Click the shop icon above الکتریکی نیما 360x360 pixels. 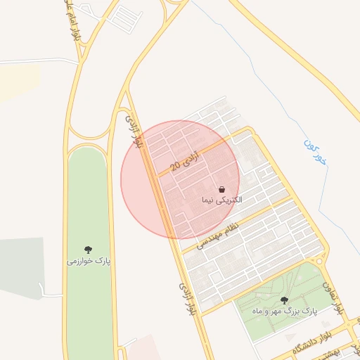(221, 190)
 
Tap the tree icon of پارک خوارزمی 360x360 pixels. (89, 249)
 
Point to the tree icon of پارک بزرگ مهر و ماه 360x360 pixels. (284, 300)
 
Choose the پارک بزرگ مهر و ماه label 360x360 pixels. (284, 310)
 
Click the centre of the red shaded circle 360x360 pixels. (180, 180)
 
